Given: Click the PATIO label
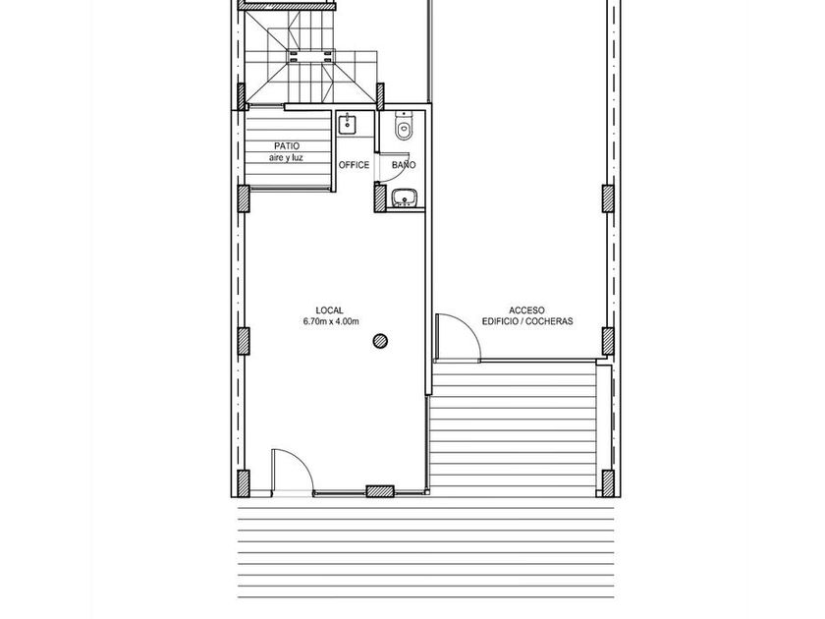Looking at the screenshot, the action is (287, 145).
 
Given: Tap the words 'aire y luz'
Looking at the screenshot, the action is (286, 157).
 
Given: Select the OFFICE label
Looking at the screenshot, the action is (355, 165).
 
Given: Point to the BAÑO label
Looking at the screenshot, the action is (404, 165).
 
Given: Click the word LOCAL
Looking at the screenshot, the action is (329, 310).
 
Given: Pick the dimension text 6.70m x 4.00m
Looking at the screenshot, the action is (331, 321).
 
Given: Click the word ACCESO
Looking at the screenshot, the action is (526, 310).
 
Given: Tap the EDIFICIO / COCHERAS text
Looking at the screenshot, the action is (527, 321).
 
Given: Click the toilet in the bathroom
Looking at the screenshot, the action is (404, 126).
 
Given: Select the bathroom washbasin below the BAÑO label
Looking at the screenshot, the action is (405, 197).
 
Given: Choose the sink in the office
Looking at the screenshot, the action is (347, 124).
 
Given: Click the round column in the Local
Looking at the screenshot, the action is (380, 341).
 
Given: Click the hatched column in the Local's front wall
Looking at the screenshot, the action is (380, 491).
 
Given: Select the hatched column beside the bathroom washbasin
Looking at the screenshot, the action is (380, 197).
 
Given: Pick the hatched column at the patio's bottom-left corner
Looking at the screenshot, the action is (244, 198).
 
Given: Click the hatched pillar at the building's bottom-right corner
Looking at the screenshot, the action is (608, 483).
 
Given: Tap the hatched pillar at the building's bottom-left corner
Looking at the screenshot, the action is (244, 483).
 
